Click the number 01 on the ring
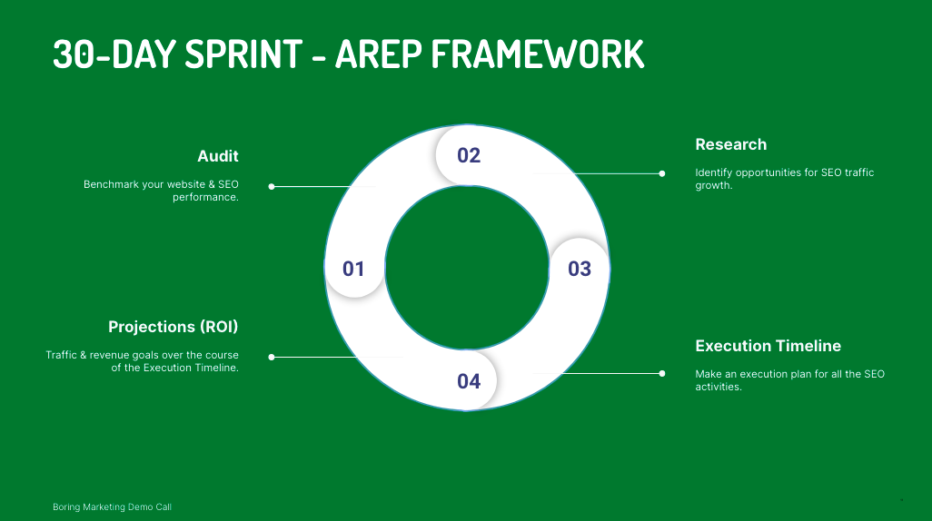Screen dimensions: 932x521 coord(353,269)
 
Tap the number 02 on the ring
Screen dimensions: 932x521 coord(469,155)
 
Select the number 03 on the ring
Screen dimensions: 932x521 coord(580,269)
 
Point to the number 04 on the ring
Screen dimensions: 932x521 coord(469,381)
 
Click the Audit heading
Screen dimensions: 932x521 coord(217,156)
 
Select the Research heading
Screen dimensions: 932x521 coord(731,144)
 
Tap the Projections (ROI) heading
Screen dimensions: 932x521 coord(173,327)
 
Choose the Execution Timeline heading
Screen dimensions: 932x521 coord(768,346)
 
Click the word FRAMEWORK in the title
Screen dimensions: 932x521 coord(538,54)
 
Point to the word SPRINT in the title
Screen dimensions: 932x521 coord(243,54)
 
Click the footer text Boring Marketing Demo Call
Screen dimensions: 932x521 coord(112,506)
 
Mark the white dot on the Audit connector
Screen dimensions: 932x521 coord(272,187)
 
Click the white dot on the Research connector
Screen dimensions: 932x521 coord(662,173)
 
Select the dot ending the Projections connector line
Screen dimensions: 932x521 coord(272,357)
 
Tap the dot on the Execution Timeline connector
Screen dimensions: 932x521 coord(662,374)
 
